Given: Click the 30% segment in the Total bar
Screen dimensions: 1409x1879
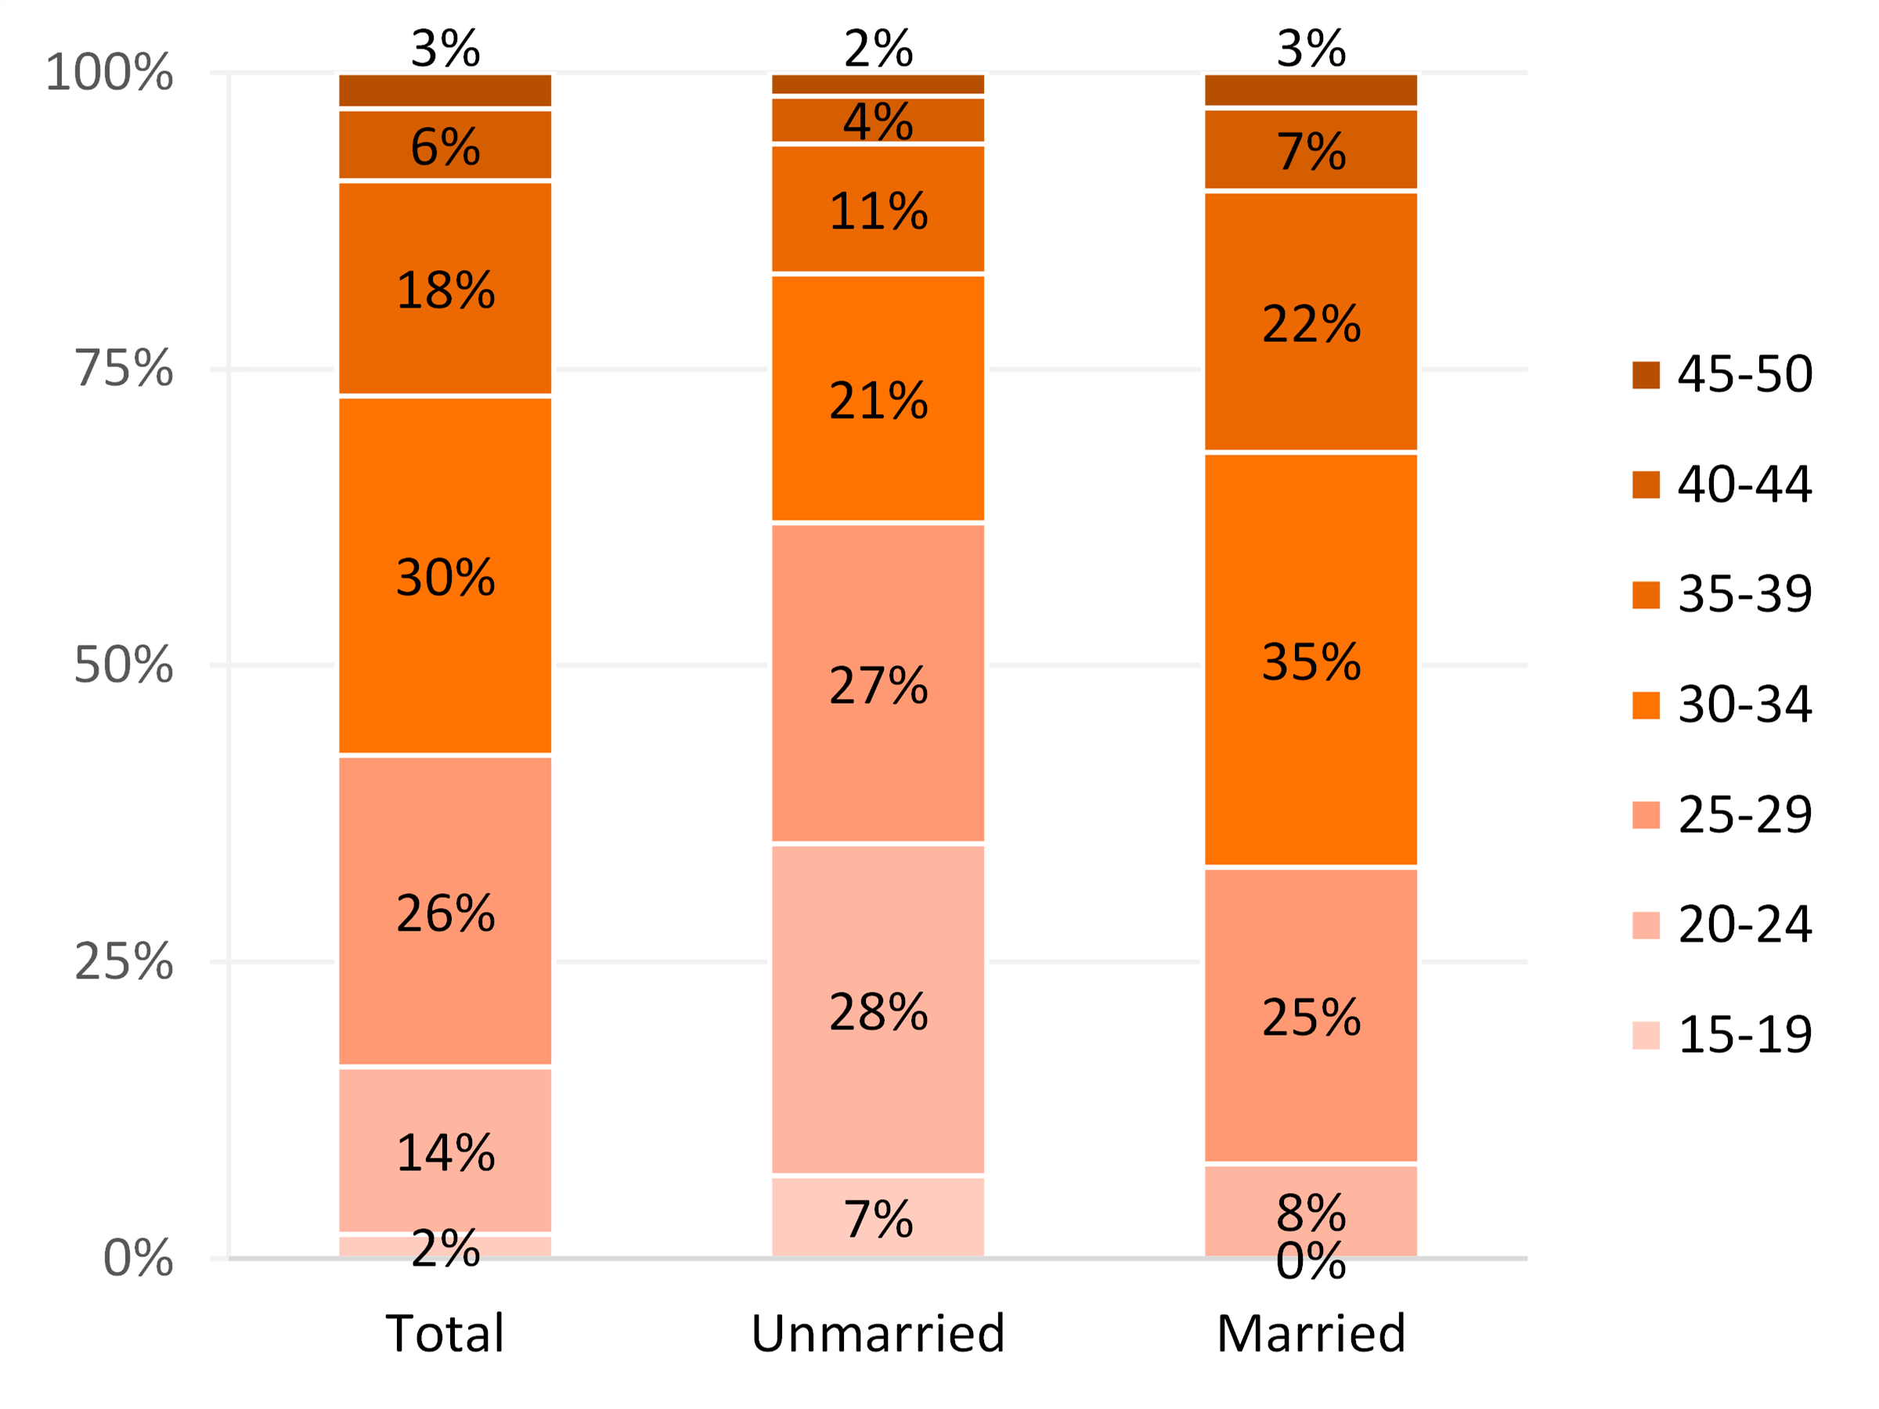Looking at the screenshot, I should pyautogui.click(x=445, y=575).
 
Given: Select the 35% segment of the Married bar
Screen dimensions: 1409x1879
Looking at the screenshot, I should pyautogui.click(x=1311, y=660).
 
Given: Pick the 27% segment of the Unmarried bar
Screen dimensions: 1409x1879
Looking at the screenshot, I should pyautogui.click(x=878, y=683).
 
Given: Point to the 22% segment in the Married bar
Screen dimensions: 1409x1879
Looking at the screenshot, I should pyautogui.click(x=1311, y=322).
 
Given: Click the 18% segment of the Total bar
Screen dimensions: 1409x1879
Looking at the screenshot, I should pyautogui.click(x=445, y=289).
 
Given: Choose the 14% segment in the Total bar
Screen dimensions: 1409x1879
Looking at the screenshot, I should pyautogui.click(x=445, y=1151).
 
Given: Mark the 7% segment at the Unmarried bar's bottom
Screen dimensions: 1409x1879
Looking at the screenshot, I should pyautogui.click(x=878, y=1217).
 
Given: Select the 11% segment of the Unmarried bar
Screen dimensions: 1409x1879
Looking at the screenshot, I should pyautogui.click(x=878, y=209).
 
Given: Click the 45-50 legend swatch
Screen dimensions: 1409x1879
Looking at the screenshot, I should pyautogui.click(x=1646, y=374).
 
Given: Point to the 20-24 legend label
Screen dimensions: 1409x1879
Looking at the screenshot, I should pyautogui.click(x=1744, y=924).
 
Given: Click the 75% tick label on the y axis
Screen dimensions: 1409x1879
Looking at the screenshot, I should pyautogui.click(x=124, y=368).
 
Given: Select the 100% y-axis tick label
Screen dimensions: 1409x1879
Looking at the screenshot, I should pyautogui.click(x=110, y=72).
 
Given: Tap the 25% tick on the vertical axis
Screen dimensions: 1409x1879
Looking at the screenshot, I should pyautogui.click(x=124, y=961).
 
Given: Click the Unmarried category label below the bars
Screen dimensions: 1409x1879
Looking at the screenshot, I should pyautogui.click(x=878, y=1332).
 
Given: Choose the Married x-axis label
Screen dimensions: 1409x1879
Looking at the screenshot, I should pyautogui.click(x=1311, y=1332).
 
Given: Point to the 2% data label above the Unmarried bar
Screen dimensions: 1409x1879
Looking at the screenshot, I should pyautogui.click(x=878, y=49).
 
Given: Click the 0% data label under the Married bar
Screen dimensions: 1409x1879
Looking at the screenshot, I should pyautogui.click(x=1311, y=1261).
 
